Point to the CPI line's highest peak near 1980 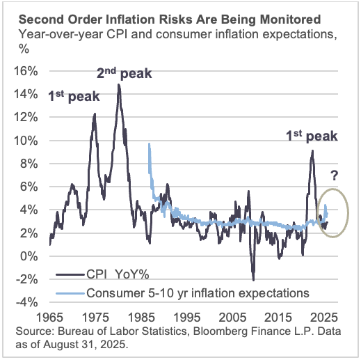119,85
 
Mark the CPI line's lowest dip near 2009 253,280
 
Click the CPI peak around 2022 312,151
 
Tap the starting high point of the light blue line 149,144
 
